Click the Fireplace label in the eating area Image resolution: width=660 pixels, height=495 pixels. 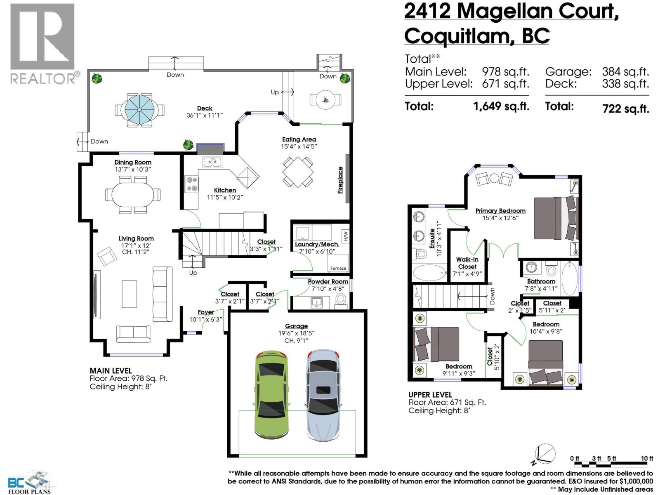pyautogui.click(x=341, y=180)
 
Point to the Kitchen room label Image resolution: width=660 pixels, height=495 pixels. pyautogui.click(x=225, y=190)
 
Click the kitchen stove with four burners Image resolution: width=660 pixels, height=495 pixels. pyautogui.click(x=191, y=184)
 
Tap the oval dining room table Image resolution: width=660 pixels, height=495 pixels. pyautogui.click(x=132, y=195)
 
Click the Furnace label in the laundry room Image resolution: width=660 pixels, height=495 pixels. pyautogui.click(x=338, y=268)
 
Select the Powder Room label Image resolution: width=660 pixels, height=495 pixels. pyautogui.click(x=328, y=282)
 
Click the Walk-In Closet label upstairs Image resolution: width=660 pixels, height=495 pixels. pyautogui.click(x=467, y=263)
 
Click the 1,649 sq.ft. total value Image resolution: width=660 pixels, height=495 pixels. pyautogui.click(x=501, y=106)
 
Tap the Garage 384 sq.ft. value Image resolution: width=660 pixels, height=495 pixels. pyautogui.click(x=625, y=72)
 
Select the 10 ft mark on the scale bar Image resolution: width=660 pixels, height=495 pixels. pyautogui.click(x=647, y=458)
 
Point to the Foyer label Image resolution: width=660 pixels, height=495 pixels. pyautogui.click(x=205, y=312)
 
